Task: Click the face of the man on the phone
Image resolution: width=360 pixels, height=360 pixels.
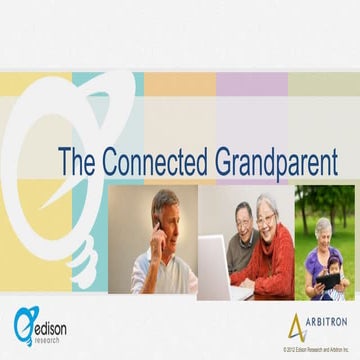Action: (167, 220)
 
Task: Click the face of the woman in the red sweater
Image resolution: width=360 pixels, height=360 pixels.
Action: (266, 215)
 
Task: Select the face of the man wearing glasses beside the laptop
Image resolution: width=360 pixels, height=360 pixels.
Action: (244, 222)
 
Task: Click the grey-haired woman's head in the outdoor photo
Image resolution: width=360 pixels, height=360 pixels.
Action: (323, 230)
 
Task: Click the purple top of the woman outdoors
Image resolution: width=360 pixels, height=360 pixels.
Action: (313, 262)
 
